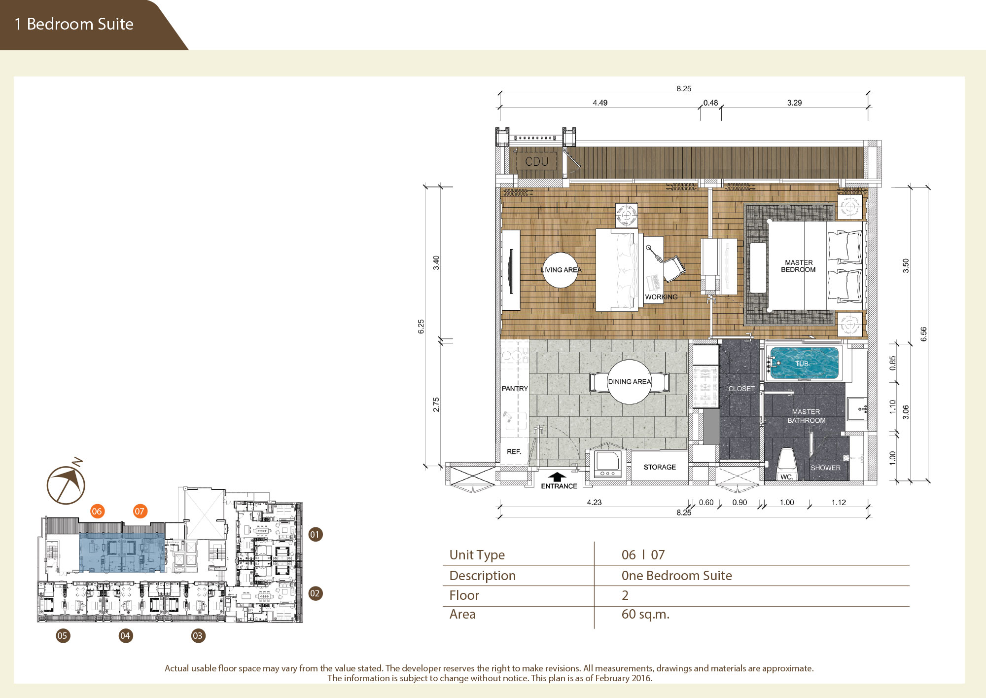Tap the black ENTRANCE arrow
click(x=557, y=477)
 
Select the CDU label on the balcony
click(x=536, y=161)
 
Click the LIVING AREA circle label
click(x=561, y=270)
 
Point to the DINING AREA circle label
click(x=630, y=381)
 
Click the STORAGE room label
click(x=660, y=467)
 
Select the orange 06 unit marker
click(x=97, y=511)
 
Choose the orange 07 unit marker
click(x=140, y=511)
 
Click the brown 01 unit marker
click(x=315, y=534)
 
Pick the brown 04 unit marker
click(x=126, y=635)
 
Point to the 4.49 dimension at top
click(x=600, y=103)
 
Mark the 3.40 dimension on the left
click(x=436, y=262)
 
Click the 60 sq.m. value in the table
click(x=645, y=614)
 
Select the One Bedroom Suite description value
click(x=676, y=576)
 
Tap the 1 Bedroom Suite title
click(x=74, y=24)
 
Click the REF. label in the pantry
click(x=514, y=451)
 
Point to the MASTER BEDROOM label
click(x=799, y=266)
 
